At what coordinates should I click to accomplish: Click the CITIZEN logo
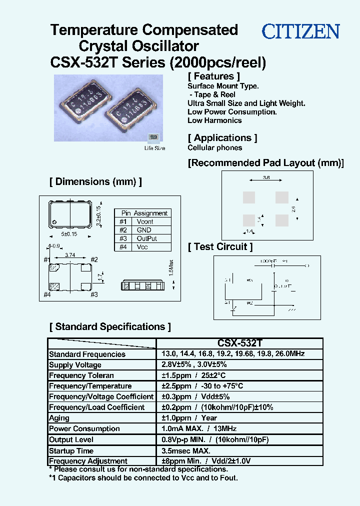click(x=301, y=32)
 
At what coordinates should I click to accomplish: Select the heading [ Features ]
click(x=213, y=76)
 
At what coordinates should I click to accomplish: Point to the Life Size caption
click(x=154, y=148)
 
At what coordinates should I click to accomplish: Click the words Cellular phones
click(x=214, y=147)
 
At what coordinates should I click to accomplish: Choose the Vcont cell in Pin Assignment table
click(x=145, y=221)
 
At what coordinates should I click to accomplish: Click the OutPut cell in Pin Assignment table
click(x=146, y=238)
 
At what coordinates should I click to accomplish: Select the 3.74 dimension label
click(x=70, y=255)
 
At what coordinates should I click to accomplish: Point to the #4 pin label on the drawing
click(x=47, y=294)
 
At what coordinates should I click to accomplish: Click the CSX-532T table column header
click(x=239, y=343)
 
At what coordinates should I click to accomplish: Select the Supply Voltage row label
click(x=75, y=365)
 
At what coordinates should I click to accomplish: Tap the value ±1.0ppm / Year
click(x=189, y=418)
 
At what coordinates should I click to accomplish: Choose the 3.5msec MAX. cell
click(x=185, y=450)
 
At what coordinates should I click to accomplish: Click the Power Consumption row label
click(x=84, y=428)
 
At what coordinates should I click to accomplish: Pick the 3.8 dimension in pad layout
click(x=266, y=177)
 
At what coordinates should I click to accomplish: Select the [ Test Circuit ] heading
click(x=220, y=246)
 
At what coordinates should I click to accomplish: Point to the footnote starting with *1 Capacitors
click(x=143, y=478)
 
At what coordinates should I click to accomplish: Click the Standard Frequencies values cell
click(x=232, y=354)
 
